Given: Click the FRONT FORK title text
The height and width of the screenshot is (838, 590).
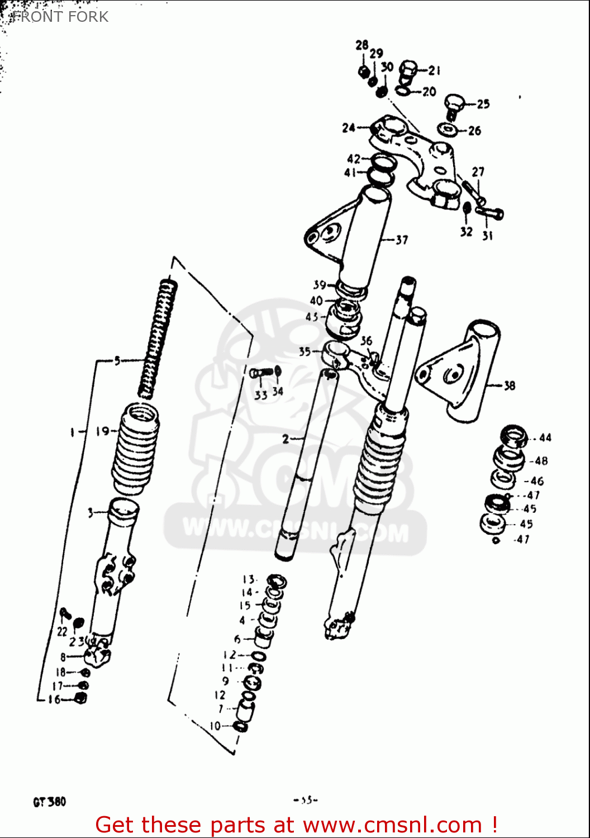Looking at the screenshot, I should click(60, 17).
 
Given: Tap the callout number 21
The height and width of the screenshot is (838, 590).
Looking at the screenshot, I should click(435, 70).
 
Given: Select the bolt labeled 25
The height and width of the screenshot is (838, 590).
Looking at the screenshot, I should click(454, 105).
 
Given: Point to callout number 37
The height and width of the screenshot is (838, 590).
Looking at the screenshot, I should click(402, 240).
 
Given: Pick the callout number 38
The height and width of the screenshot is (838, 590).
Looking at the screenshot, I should click(509, 385).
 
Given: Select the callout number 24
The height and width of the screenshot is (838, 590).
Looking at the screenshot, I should click(349, 128).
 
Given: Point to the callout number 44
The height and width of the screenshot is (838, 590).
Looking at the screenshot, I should click(545, 438).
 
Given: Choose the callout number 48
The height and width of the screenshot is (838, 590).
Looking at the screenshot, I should click(541, 461).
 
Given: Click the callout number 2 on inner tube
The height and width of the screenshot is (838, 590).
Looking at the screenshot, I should click(286, 439).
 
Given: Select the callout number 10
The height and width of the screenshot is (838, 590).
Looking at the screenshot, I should click(215, 726).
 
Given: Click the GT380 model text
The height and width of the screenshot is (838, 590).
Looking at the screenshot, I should click(49, 802).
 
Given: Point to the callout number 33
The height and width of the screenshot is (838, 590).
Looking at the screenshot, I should click(260, 396).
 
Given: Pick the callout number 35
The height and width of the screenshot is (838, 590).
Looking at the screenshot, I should click(304, 351).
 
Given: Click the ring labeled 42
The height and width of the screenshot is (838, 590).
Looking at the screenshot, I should click(383, 163).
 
